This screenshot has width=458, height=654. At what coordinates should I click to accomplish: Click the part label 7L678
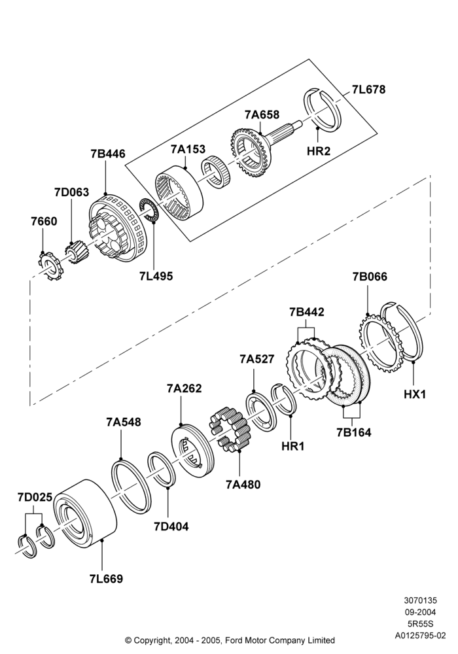pos(368,89)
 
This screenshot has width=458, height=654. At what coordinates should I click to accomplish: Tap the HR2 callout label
pos(318,150)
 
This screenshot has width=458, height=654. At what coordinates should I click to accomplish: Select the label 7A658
pos(262,114)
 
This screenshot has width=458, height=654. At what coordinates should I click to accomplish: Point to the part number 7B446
pos(108,154)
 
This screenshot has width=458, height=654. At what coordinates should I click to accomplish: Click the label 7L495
pos(156,276)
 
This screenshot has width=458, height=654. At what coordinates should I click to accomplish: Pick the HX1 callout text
pos(415,393)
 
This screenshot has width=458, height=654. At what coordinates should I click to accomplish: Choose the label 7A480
pos(243,484)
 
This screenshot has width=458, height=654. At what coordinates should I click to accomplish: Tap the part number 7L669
pos(106,579)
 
